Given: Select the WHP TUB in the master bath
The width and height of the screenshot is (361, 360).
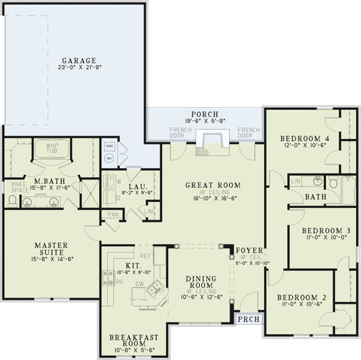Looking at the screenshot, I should (x=53, y=148).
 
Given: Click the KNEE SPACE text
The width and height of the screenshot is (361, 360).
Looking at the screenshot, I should (x=18, y=186).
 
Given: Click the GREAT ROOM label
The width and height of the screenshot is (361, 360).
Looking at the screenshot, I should (x=214, y=184).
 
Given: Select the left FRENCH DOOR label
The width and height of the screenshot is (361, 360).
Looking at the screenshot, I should (x=179, y=133).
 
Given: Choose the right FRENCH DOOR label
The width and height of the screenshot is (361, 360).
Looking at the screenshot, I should (x=249, y=133).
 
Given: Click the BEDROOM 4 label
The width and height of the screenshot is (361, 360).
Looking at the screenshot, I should (x=304, y=139).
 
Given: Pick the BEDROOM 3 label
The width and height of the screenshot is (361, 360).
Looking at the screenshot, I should (x=323, y=231).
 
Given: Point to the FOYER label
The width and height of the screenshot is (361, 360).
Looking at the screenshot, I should (x=245, y=250).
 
